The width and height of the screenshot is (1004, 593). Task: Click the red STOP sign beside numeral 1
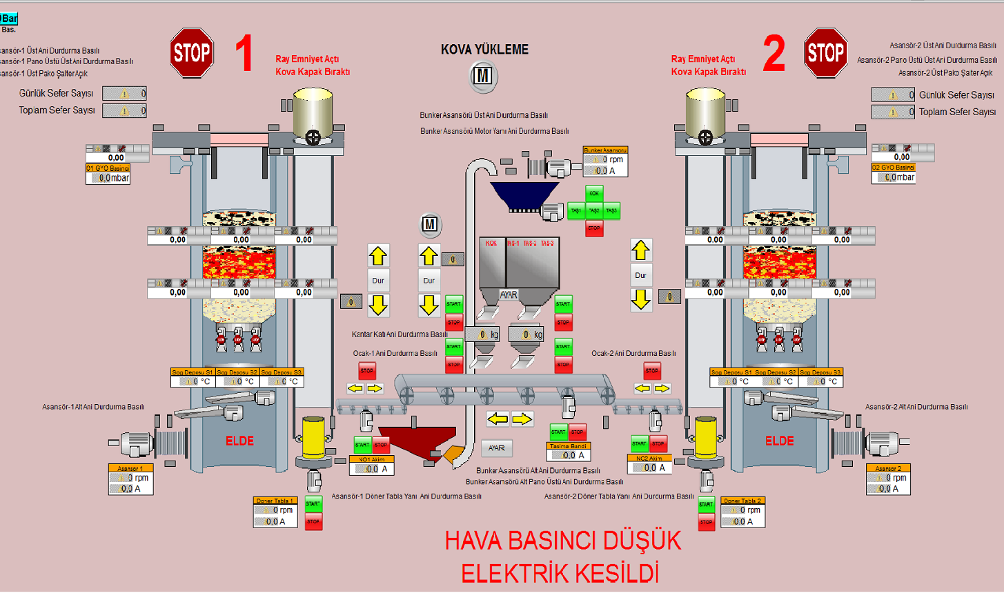[191, 52]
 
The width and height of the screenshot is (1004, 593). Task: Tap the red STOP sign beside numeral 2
[826, 52]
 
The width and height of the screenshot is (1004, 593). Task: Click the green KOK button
[594, 194]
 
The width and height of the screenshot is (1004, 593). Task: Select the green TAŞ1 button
[576, 211]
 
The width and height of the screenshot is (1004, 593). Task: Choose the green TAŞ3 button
[611, 211]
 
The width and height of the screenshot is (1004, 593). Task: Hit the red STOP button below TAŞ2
[594, 228]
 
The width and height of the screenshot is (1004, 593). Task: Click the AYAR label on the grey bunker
[509, 294]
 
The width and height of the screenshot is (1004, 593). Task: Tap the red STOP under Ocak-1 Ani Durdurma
[367, 371]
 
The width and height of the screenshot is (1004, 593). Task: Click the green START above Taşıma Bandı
[558, 432]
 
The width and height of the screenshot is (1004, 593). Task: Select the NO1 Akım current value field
[372, 469]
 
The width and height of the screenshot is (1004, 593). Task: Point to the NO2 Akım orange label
[649, 458]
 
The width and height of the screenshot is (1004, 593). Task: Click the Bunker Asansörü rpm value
[605, 159]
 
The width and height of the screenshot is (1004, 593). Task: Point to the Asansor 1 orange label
[130, 468]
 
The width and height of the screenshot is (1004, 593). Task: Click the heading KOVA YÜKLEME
[484, 50]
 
